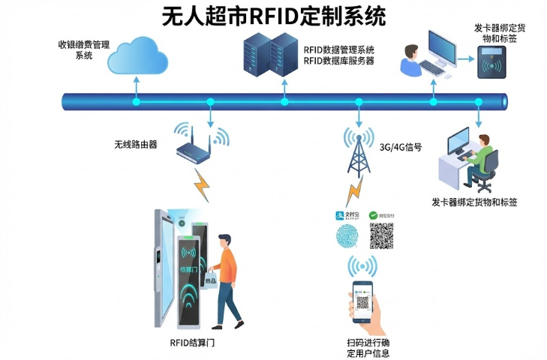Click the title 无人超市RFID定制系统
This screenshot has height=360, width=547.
(274, 16)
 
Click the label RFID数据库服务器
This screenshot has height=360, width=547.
(340, 61)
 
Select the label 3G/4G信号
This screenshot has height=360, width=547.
(401, 147)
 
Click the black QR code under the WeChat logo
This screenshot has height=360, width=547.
(382, 235)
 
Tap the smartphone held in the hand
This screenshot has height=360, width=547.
(363, 302)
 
